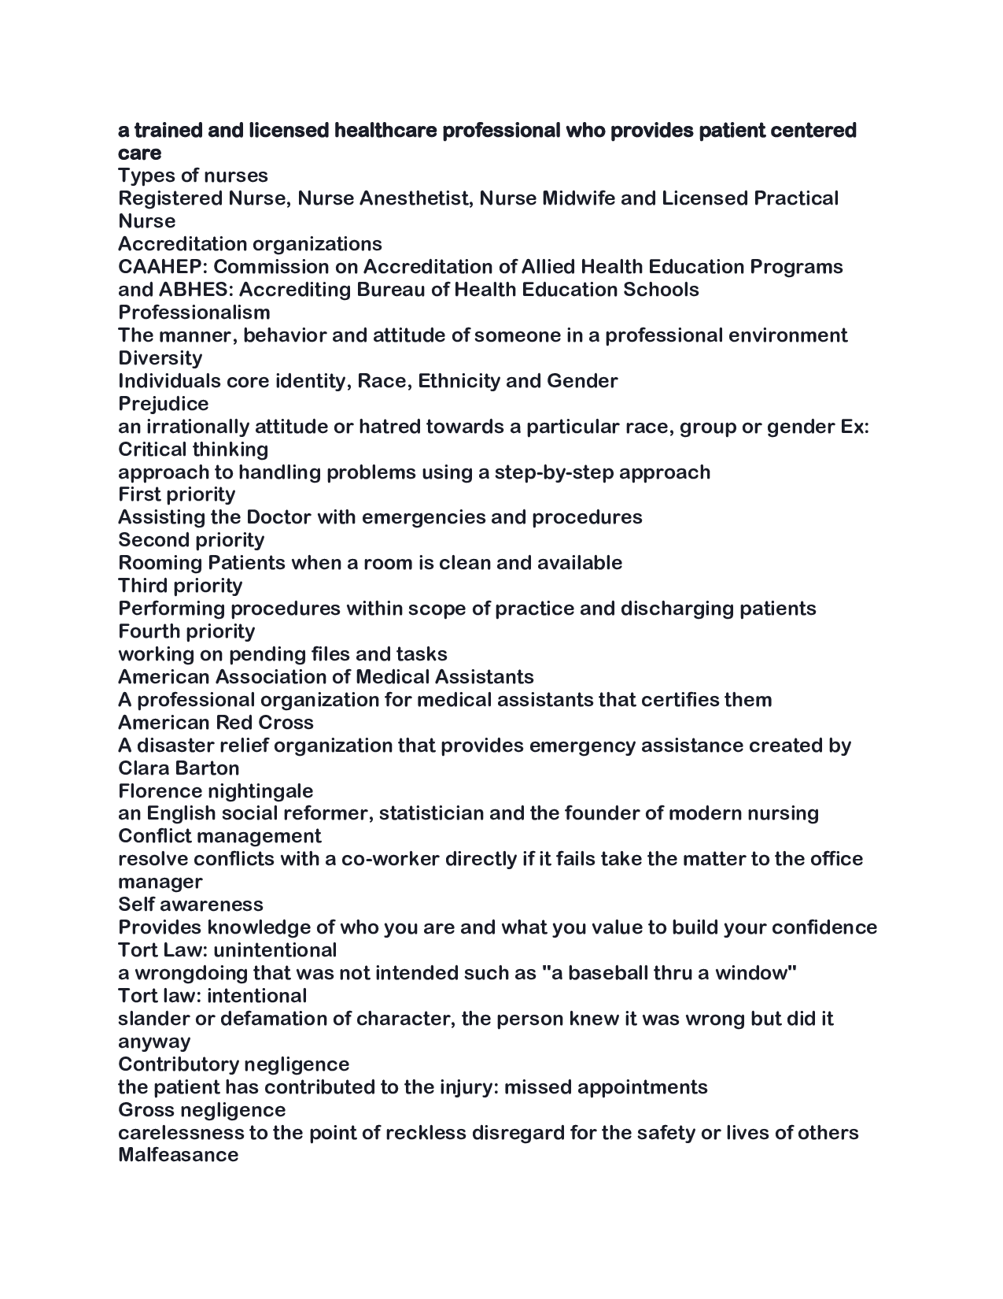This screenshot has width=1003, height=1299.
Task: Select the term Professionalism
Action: pyautogui.click(x=194, y=313)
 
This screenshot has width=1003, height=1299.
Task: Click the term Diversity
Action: pyautogui.click(x=160, y=358)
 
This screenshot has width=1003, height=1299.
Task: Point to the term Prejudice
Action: pyautogui.click(x=163, y=404)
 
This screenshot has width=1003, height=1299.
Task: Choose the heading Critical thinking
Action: pyautogui.click(x=193, y=450)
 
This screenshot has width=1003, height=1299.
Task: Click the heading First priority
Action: pyautogui.click(x=176, y=494)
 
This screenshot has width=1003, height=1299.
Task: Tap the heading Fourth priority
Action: pyautogui.click(x=186, y=631)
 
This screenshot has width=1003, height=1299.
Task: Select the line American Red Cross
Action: pyautogui.click(x=216, y=723)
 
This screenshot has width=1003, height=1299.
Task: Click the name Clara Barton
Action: pyautogui.click(x=179, y=768)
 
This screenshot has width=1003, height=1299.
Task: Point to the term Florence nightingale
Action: pyautogui.click(x=216, y=791)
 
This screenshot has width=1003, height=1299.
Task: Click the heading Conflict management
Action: pyautogui.click(x=219, y=836)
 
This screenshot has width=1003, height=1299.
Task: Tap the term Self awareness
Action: pyautogui.click(x=190, y=905)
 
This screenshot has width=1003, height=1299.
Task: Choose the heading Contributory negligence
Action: pyautogui.click(x=234, y=1064)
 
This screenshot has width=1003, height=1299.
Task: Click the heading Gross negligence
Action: pyautogui.click(x=201, y=1110)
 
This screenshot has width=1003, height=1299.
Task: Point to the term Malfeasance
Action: pyautogui.click(x=178, y=1156)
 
